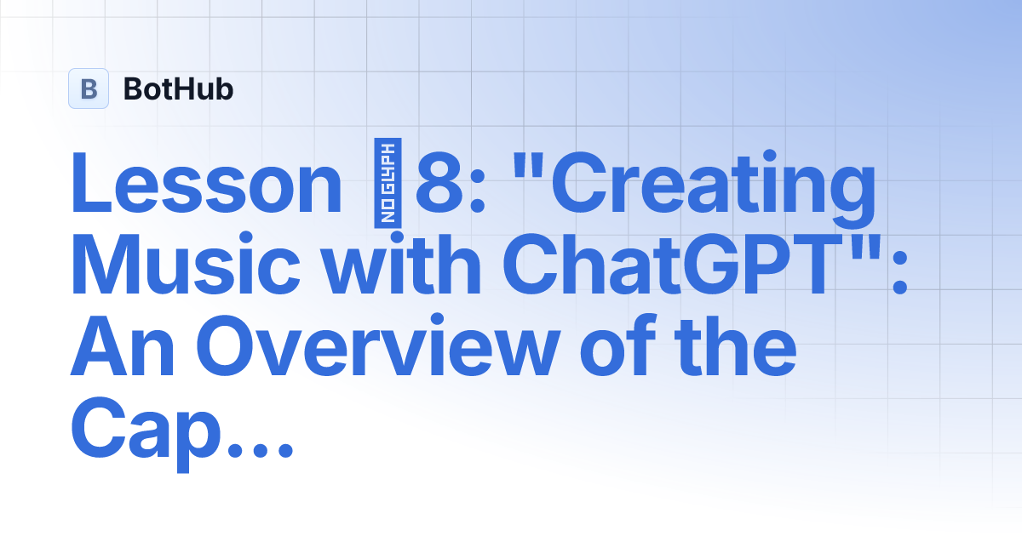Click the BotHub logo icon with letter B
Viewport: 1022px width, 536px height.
tap(89, 88)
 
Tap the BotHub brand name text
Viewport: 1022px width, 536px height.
tap(178, 88)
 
